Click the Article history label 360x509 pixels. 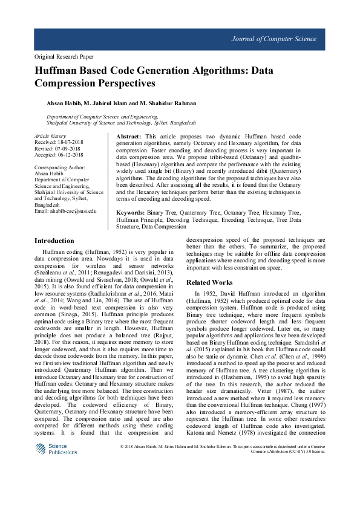pos(50,137)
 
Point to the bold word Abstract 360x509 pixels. pos(129,138)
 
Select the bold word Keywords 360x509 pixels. pos(131,213)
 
